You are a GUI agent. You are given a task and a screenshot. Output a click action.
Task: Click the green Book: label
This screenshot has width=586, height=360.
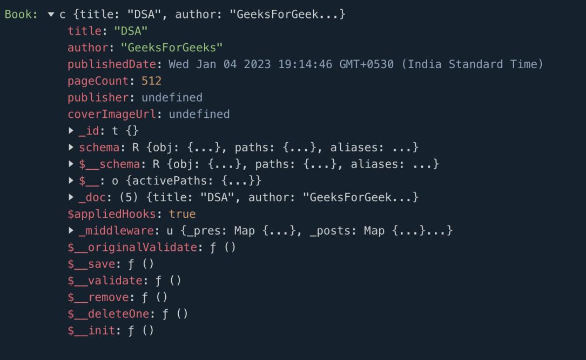click(x=21, y=14)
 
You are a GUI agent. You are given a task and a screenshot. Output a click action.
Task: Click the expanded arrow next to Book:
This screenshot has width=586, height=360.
click(x=51, y=15)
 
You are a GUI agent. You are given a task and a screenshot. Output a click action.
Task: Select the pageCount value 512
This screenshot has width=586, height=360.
click(x=151, y=81)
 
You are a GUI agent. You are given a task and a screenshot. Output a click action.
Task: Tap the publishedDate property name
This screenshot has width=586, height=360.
click(x=112, y=64)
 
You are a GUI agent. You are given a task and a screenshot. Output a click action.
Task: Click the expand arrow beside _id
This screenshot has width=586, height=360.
click(x=71, y=131)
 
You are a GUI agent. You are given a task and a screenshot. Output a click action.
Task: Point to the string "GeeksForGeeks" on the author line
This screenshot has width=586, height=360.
click(x=172, y=48)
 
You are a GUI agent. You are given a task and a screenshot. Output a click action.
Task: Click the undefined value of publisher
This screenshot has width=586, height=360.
click(x=172, y=98)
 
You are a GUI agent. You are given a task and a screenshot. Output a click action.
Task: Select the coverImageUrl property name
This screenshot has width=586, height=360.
click(x=112, y=114)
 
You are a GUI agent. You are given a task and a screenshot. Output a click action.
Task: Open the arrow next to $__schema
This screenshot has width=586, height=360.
click(x=71, y=164)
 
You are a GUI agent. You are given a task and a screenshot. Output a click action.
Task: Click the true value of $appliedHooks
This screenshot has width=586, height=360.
click(x=182, y=214)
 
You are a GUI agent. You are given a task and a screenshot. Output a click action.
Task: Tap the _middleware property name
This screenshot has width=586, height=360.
click(x=116, y=230)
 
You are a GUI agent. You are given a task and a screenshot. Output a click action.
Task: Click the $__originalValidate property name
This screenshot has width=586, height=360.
click(x=132, y=248)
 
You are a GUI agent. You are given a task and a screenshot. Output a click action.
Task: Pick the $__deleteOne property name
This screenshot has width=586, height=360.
click(x=109, y=314)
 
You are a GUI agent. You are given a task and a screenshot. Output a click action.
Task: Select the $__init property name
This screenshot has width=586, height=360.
click(x=91, y=330)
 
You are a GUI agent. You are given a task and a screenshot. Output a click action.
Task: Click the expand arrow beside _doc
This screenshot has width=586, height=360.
click(x=71, y=197)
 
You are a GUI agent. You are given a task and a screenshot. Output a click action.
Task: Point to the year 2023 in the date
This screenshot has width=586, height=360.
click(x=257, y=64)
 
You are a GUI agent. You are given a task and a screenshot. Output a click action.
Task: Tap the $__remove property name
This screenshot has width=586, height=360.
click(x=98, y=297)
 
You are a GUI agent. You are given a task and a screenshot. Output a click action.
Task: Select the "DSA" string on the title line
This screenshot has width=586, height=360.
click(x=131, y=31)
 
